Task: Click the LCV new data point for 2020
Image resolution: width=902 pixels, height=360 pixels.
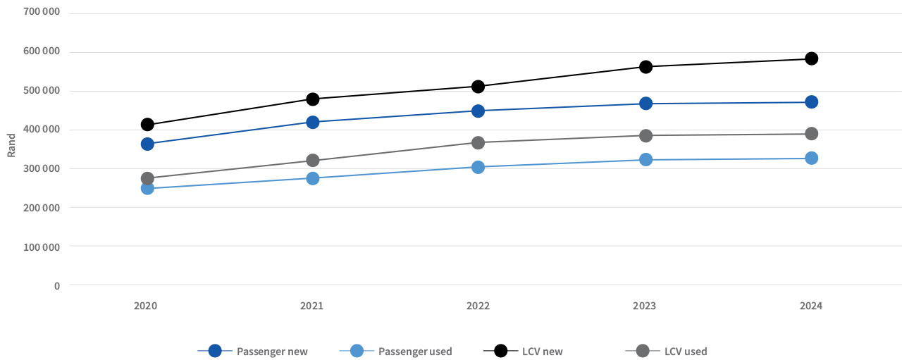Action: [x=147, y=125]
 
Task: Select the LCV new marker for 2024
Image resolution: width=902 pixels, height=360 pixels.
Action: [x=811, y=58]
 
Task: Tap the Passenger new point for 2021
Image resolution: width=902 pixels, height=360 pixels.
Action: [x=312, y=122]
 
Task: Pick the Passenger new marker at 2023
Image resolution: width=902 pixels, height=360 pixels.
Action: [x=645, y=104]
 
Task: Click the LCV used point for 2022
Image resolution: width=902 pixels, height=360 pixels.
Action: [x=478, y=142]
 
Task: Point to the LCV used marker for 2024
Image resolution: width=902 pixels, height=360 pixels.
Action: [x=811, y=134]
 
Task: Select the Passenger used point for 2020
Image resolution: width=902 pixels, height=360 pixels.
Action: [x=147, y=188]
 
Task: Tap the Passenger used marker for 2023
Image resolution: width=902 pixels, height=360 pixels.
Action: [x=645, y=160]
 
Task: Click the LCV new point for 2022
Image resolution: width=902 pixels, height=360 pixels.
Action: [x=478, y=87]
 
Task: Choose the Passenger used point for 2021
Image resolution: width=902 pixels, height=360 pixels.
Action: [x=312, y=178]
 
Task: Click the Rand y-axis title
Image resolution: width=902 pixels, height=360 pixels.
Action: [x=11, y=146]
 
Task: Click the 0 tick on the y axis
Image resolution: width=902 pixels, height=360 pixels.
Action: [x=56, y=285]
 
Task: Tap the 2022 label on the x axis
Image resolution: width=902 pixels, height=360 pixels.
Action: [x=478, y=306]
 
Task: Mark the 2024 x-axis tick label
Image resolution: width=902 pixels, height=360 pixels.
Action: [x=811, y=306]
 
